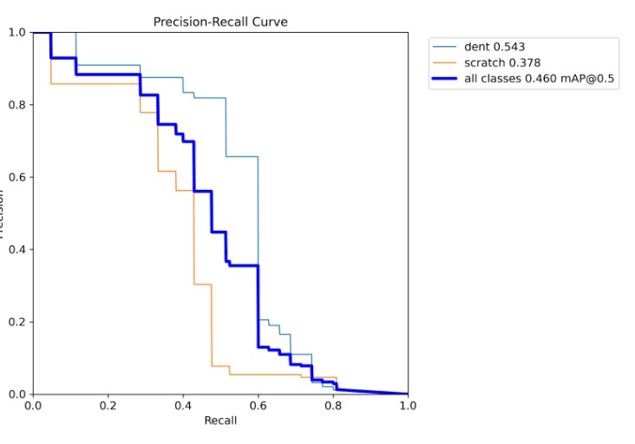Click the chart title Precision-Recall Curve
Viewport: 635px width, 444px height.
pyautogui.click(x=220, y=21)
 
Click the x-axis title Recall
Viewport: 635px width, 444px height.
pyautogui.click(x=220, y=421)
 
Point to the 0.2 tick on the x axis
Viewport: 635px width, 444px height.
pyautogui.click(x=108, y=405)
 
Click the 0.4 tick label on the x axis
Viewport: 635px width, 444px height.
pyautogui.click(x=183, y=405)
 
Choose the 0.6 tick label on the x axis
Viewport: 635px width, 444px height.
pyautogui.click(x=258, y=405)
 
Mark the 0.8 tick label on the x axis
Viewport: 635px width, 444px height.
pyautogui.click(x=332, y=405)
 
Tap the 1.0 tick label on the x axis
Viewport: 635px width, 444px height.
pyautogui.click(x=407, y=405)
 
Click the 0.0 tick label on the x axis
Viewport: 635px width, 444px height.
pyautogui.click(x=33, y=405)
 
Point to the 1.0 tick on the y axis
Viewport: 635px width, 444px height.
pyautogui.click(x=16, y=33)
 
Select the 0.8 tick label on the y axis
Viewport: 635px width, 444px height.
pyautogui.click(x=16, y=105)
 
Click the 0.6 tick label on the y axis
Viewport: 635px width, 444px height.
pyautogui.click(x=16, y=178)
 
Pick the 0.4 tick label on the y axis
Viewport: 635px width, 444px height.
pyautogui.click(x=16, y=250)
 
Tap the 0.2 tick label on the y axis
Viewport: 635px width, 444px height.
pyautogui.click(x=16, y=322)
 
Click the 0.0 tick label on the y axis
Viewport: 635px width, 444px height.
pyautogui.click(x=16, y=395)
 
